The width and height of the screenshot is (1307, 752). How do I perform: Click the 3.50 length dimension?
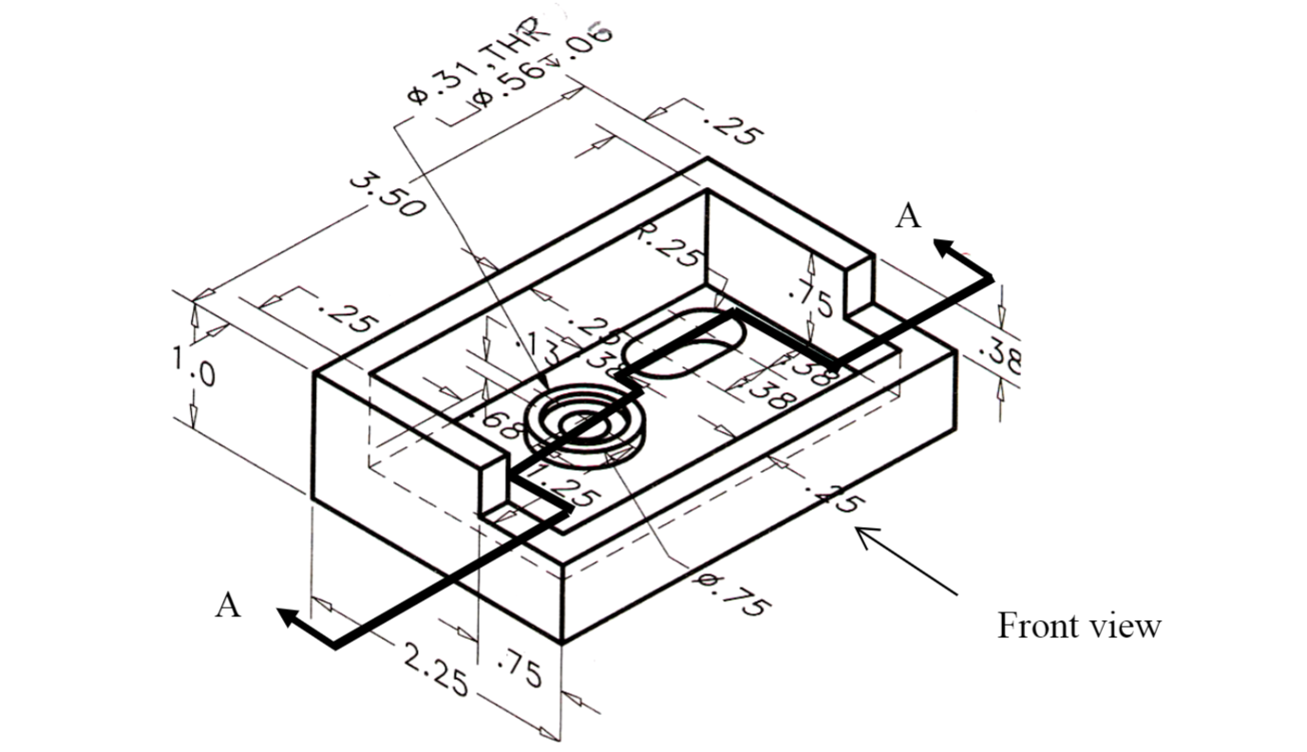pyautogui.click(x=385, y=194)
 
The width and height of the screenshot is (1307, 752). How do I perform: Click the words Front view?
pyautogui.click(x=1078, y=627)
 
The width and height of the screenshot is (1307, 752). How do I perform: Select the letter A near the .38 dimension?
pyautogui.click(x=908, y=216)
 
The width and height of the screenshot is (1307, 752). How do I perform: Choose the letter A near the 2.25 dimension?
pyautogui.click(x=227, y=604)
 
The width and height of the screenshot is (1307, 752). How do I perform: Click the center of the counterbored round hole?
pyautogui.click(x=580, y=423)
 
